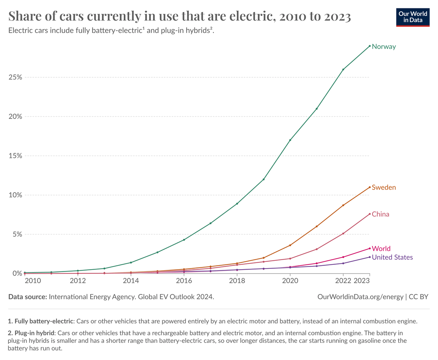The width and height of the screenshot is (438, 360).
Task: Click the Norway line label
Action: (x=384, y=47)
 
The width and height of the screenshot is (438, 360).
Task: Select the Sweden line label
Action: (x=384, y=187)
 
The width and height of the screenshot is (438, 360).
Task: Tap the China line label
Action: (x=380, y=214)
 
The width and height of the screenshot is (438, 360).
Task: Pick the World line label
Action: (x=381, y=249)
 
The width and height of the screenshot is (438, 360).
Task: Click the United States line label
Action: (x=392, y=258)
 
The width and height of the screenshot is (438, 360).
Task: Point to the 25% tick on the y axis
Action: (x=15, y=78)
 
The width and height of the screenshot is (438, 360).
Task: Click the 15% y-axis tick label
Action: (x=15, y=156)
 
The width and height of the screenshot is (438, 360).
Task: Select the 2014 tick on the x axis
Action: (x=131, y=280)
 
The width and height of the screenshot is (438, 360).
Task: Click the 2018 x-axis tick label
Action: (x=237, y=280)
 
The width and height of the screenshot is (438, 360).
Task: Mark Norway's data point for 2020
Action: (x=290, y=140)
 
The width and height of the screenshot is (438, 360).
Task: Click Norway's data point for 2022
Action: (x=343, y=69)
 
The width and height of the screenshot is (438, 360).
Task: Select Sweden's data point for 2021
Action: (x=316, y=227)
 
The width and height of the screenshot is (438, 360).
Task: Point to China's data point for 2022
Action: (x=343, y=233)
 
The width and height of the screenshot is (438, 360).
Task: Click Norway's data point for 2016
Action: (x=184, y=240)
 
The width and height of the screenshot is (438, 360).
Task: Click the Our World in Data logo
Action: (x=413, y=16)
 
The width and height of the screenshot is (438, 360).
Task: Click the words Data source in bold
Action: (x=28, y=297)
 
